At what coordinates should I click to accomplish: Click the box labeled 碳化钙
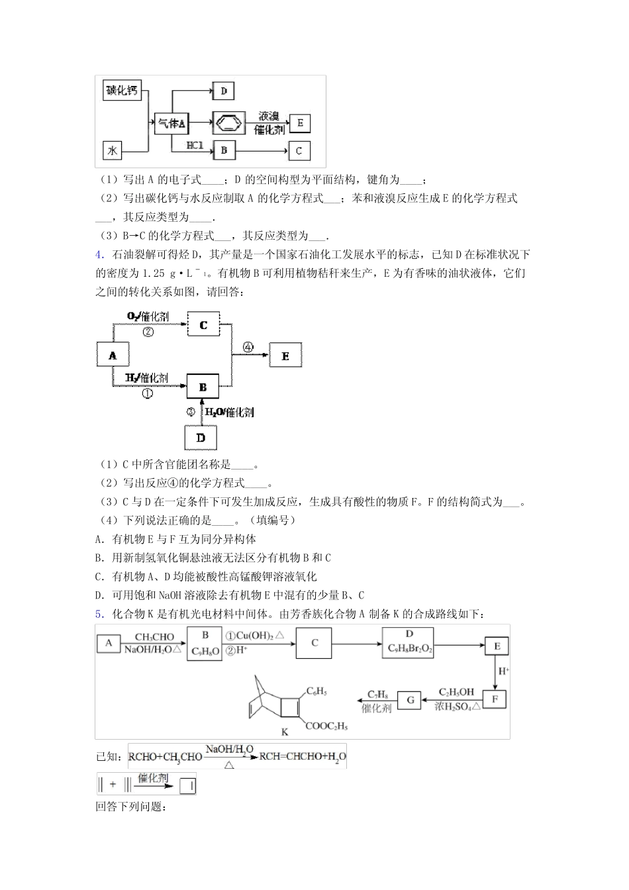(122, 91)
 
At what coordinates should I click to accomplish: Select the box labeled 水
(113, 151)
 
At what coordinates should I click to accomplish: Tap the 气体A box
(171, 123)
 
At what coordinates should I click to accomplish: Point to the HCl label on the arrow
(195, 145)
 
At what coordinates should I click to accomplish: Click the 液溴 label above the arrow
(269, 116)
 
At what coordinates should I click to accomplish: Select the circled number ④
(248, 346)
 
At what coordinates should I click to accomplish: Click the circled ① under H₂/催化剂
(147, 393)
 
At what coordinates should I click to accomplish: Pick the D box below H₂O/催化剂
(201, 438)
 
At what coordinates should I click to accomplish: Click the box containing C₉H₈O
(205, 643)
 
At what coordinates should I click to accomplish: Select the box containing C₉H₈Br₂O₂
(409, 643)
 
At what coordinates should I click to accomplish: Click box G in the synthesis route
(409, 699)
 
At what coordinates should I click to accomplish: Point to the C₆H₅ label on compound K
(316, 691)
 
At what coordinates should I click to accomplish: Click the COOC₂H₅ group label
(326, 726)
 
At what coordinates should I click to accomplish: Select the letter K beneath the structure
(285, 732)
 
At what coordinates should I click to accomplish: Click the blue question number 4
(99, 254)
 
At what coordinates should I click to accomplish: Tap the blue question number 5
(99, 614)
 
